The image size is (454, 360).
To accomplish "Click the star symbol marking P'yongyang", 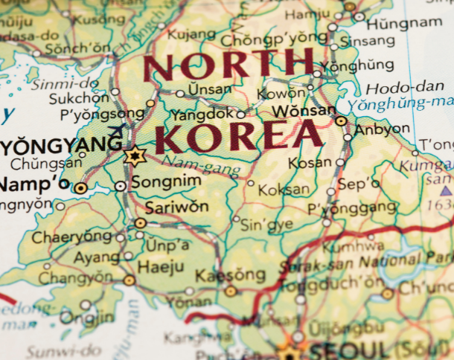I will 135,155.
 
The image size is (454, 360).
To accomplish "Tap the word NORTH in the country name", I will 228,65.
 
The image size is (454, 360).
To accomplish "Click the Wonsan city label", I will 303,111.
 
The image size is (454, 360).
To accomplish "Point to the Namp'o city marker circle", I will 80,188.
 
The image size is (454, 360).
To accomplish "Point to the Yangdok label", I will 202,115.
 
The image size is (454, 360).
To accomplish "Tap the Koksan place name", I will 284,190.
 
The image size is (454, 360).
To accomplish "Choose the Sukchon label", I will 78,98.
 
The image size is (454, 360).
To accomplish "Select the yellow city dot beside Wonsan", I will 341,120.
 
